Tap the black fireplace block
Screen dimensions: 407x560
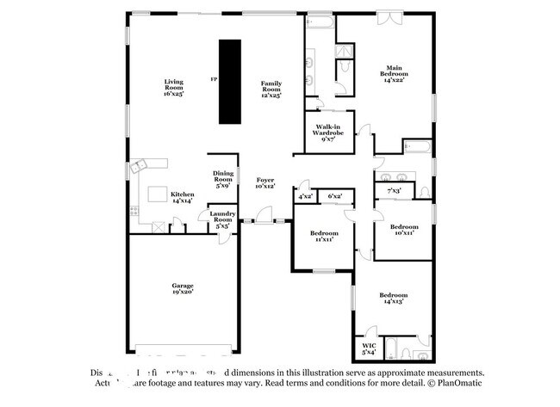click(228, 81)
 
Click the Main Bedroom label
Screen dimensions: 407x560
click(395, 71)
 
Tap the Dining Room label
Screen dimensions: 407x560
click(222, 178)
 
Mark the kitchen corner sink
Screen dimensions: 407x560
click(140, 165)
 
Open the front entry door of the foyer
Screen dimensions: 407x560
click(259, 222)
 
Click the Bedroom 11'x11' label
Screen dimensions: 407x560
click(324, 236)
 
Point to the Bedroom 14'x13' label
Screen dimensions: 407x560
click(392, 298)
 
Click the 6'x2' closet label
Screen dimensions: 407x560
click(335, 197)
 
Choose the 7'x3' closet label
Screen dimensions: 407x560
click(395, 189)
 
